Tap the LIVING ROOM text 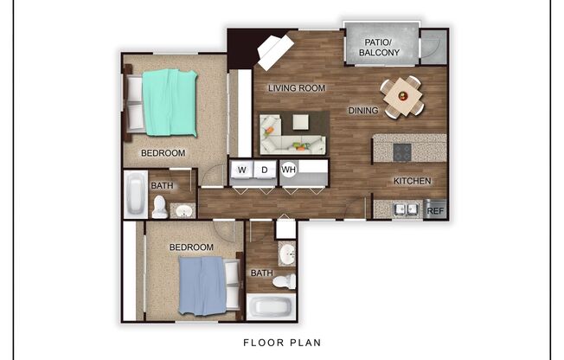tap(296, 88)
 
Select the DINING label tap(362, 111)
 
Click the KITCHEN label tap(411, 181)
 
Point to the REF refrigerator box tap(435, 210)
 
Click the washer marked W tap(241, 170)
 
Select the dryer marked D tap(266, 170)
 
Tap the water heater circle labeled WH tap(289, 170)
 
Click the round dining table tap(402, 95)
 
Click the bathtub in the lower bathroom tap(271, 307)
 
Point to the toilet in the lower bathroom tap(284, 280)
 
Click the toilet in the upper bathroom tap(160, 207)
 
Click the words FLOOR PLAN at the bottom tap(282, 343)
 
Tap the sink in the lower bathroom tap(287, 254)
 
